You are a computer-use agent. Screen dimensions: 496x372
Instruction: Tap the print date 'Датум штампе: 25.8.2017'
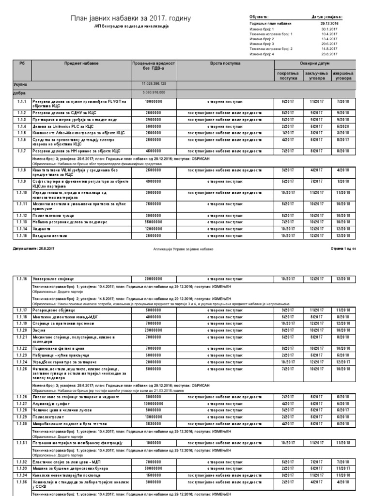pyautogui.click(x=29, y=248)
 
